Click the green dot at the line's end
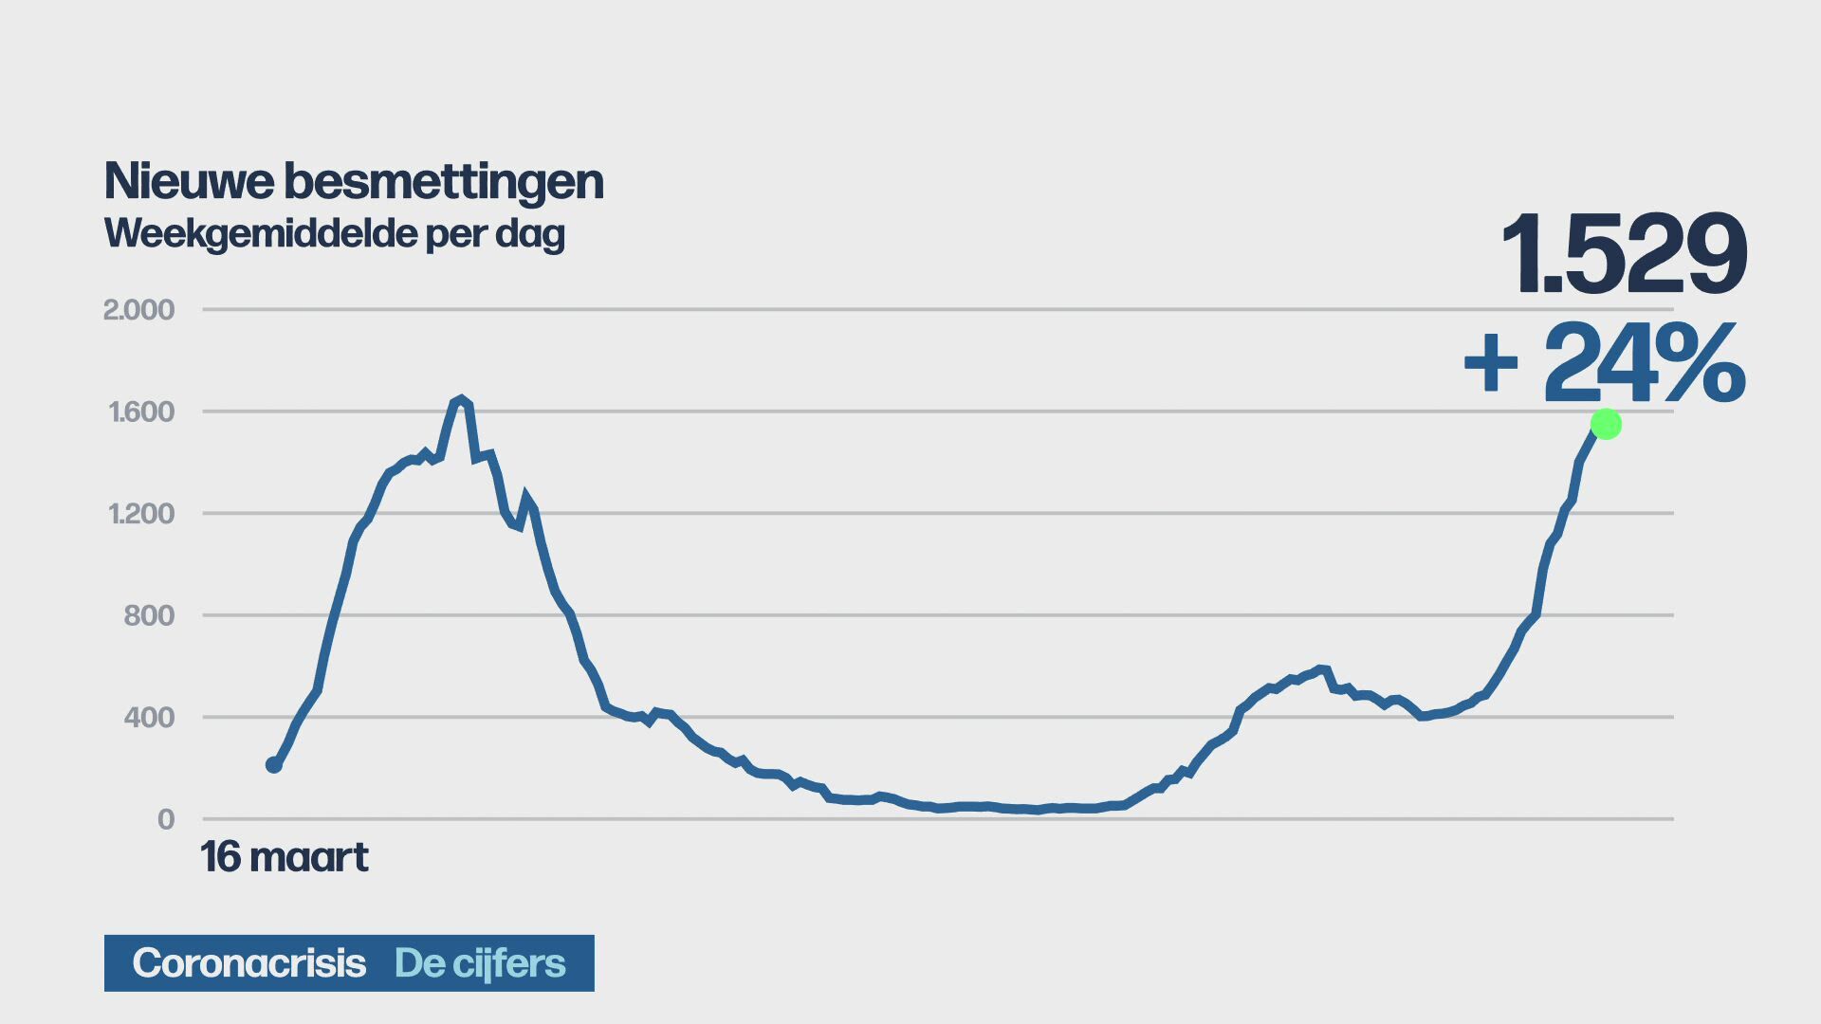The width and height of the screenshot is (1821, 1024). point(1606,424)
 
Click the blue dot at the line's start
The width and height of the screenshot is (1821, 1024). point(274,764)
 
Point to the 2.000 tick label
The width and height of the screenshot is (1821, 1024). point(138,310)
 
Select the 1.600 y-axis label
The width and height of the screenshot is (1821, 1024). point(141,411)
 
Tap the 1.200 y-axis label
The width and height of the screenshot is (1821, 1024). point(141,514)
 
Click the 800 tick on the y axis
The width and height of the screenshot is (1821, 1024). point(149,616)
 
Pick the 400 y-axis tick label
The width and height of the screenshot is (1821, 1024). point(149,718)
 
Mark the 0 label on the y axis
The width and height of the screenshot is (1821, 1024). point(166,819)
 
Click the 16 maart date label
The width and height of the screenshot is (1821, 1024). point(284,857)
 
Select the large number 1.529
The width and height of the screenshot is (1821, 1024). point(1623,254)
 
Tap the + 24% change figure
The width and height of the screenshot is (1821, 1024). point(1604,364)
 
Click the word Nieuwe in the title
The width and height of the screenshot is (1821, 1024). point(189,181)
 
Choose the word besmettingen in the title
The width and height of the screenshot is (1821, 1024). point(444,183)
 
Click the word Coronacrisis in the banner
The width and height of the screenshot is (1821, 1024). point(248,963)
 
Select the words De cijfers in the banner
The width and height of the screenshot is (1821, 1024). point(480,963)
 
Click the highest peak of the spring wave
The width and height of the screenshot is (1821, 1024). point(461,400)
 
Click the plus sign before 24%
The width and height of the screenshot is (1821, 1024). point(1491,364)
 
